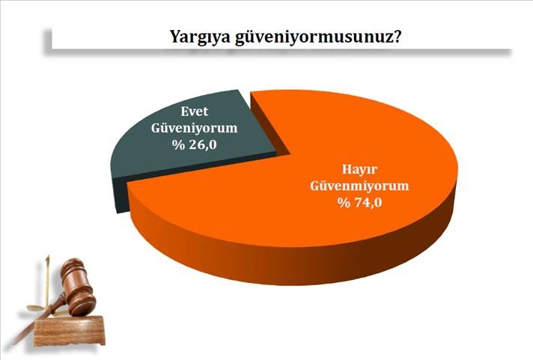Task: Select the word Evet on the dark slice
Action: tap(194, 111)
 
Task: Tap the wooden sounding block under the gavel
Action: tap(72, 329)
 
